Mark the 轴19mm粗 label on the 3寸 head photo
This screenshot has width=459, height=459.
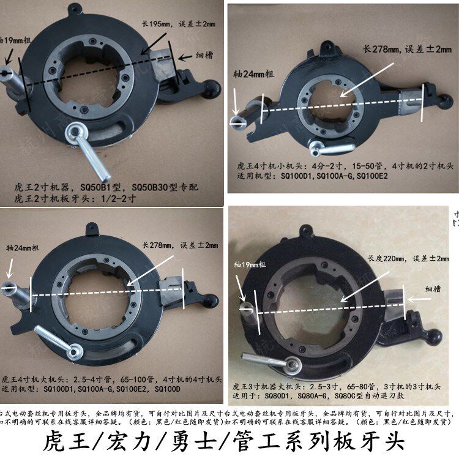[249, 264]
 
